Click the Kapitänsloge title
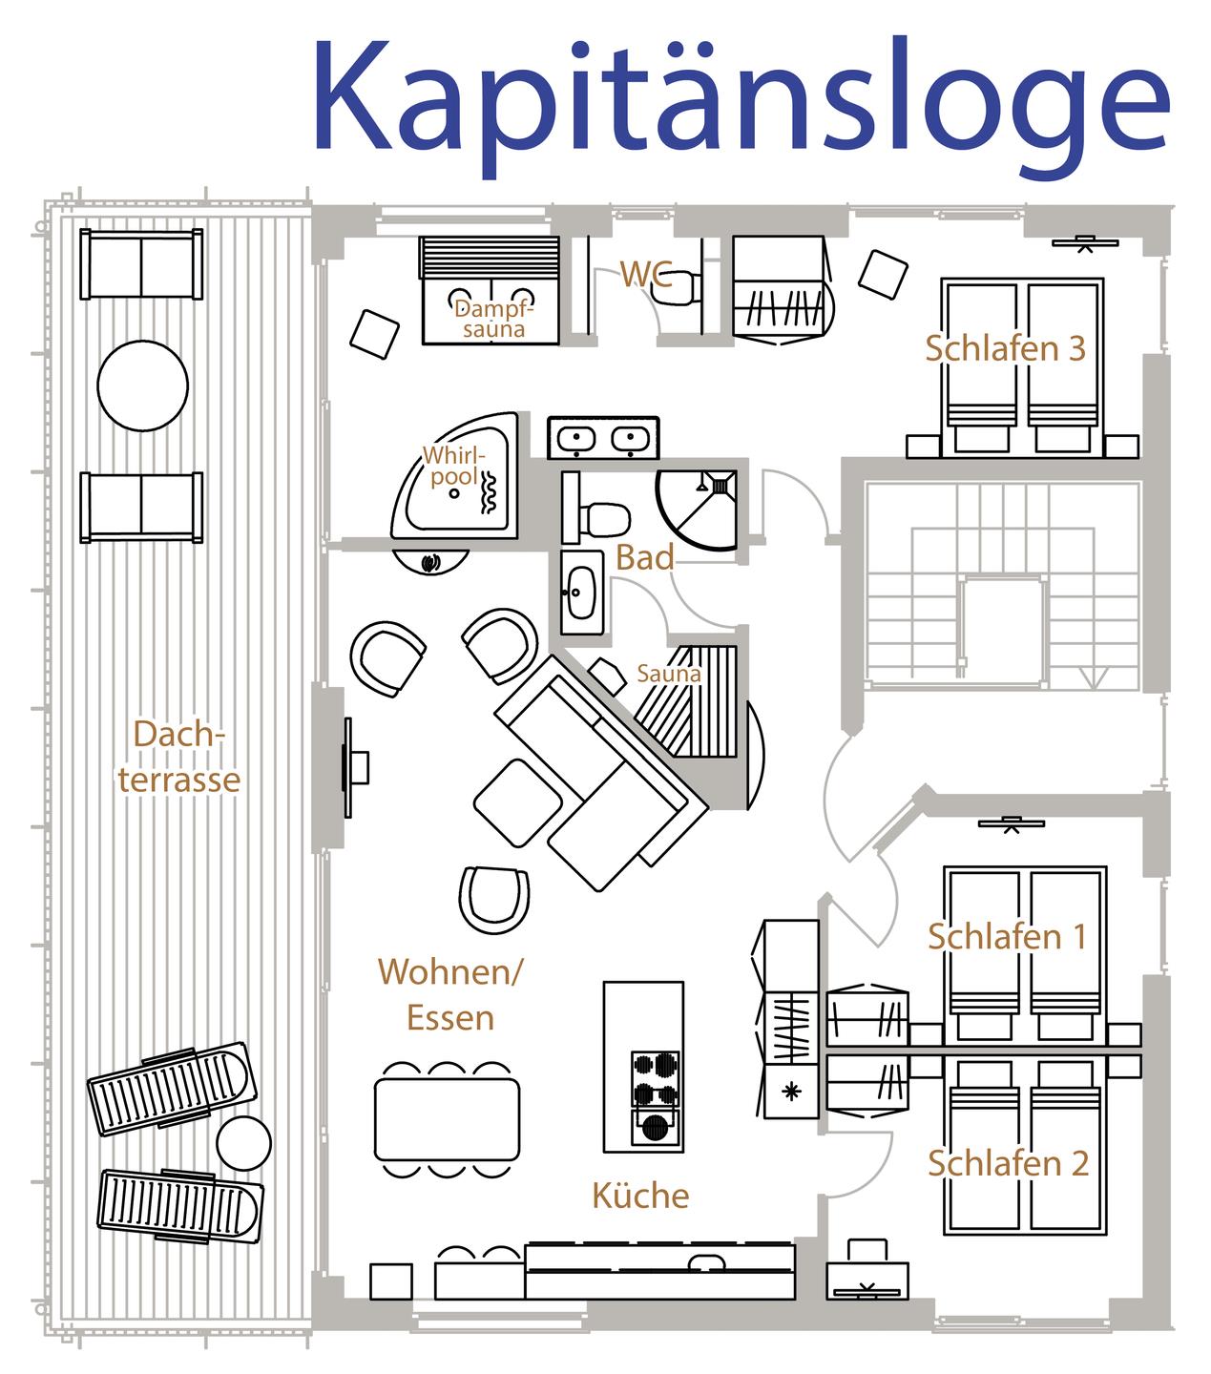click(x=742, y=105)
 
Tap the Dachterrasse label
click(x=179, y=756)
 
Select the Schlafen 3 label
click(x=1006, y=348)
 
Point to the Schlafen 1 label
click(x=1008, y=937)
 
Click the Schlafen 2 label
click(x=1009, y=1164)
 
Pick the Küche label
click(x=640, y=1195)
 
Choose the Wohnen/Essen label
click(x=450, y=994)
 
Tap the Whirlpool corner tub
click(x=456, y=475)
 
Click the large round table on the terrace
click(x=142, y=385)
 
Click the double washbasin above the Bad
click(x=603, y=438)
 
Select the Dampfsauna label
click(x=494, y=320)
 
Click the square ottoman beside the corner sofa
click(x=517, y=803)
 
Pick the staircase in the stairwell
click(x=1003, y=586)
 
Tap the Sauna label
click(x=669, y=674)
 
